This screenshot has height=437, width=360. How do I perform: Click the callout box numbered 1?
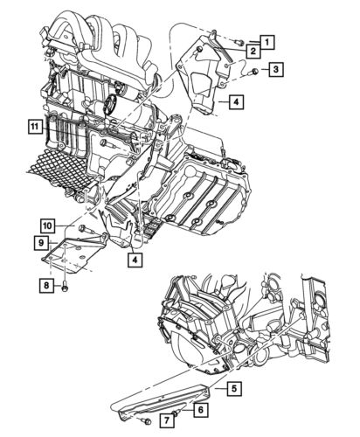point(268,42)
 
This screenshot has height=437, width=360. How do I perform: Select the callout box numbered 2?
point(253,52)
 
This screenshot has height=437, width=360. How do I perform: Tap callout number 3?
point(276,69)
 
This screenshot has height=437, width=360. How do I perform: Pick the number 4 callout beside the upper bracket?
point(236,101)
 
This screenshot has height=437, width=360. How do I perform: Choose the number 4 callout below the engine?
point(135,260)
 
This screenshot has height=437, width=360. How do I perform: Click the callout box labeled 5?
point(234,388)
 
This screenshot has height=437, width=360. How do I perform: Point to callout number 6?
point(200,410)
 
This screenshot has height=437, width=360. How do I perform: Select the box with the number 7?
point(167,420)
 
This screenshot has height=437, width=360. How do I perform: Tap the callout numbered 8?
point(47,286)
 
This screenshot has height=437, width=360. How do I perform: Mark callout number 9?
point(41,243)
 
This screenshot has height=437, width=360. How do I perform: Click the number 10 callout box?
point(48,225)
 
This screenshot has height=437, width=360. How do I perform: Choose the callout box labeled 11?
point(35,126)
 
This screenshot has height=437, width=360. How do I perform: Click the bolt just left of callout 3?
point(253,72)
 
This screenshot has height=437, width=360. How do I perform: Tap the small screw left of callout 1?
point(239,43)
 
